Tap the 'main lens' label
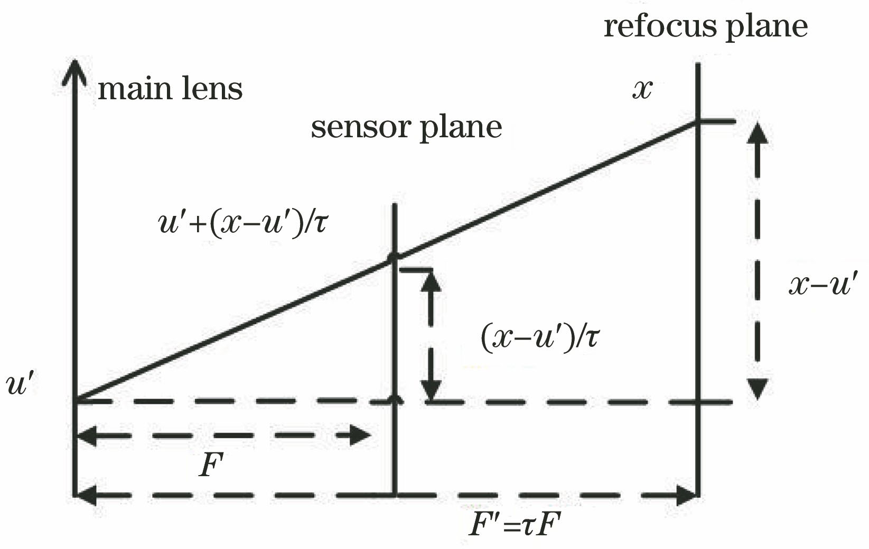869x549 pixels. pyautogui.click(x=170, y=89)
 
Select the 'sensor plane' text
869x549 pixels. pyautogui.click(x=406, y=127)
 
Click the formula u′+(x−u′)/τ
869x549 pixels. pyautogui.click(x=243, y=222)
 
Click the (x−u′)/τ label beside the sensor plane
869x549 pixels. pyautogui.click(x=540, y=337)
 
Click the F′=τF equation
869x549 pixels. pyautogui.click(x=515, y=526)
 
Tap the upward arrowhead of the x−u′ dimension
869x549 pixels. pyautogui.click(x=758, y=132)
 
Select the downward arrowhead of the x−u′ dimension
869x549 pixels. pyautogui.click(x=758, y=389)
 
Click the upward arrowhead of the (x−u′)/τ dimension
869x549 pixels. pyautogui.click(x=432, y=282)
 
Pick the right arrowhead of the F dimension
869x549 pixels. pyautogui.click(x=361, y=436)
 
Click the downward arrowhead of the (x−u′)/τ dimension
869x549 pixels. pyautogui.click(x=432, y=391)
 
